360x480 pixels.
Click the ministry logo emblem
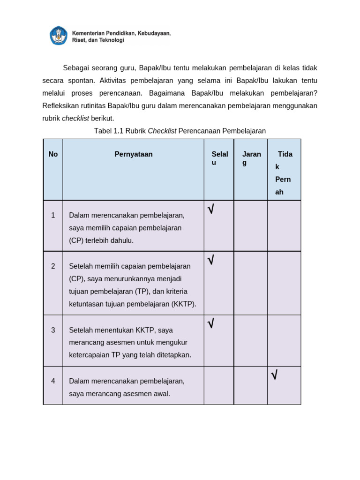coord(59,36)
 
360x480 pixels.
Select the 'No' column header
coord(53,154)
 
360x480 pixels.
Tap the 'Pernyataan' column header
coord(134,154)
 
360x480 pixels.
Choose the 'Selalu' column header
coord(219,158)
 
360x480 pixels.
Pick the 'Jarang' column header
coord(251,158)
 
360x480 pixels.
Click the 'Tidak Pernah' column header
coord(284,172)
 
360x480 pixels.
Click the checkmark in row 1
coord(211,210)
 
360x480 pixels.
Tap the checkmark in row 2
coord(211,260)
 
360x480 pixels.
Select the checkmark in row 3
coord(211,323)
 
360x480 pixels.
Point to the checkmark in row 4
coord(274,375)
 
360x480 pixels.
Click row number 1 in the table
coord(53,215)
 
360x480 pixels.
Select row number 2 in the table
coord(53,266)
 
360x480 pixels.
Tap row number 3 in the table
coord(53,330)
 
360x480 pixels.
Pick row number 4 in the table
coord(53,381)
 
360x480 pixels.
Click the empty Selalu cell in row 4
coord(219,385)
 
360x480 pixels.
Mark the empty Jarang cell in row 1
coord(251,226)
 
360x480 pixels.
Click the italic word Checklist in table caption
coord(162,131)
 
